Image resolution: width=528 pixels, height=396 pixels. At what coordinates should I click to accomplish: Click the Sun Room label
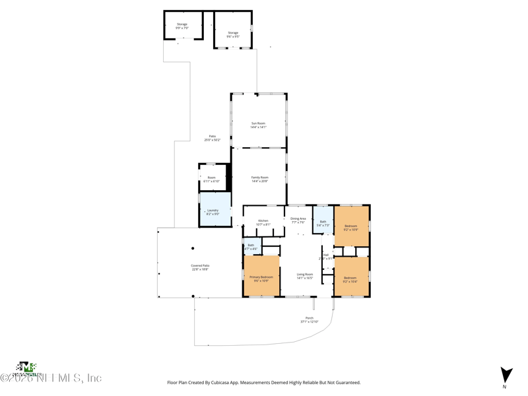tap(258, 125)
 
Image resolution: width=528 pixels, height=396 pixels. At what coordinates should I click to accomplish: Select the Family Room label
tap(259, 179)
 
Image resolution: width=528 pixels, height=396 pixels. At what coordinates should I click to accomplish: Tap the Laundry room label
tap(213, 212)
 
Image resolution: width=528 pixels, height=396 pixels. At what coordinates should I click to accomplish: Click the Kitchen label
tap(263, 222)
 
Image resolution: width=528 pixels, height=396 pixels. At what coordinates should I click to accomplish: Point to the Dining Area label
tap(298, 220)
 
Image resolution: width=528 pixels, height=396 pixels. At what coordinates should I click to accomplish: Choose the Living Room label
tap(304, 276)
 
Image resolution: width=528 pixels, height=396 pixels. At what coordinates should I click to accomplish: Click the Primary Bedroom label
tap(261, 279)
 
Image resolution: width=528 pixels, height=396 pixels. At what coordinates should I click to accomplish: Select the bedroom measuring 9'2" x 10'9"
tap(350, 227)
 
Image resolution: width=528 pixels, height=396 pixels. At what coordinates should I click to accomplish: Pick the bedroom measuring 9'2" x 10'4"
tap(350, 279)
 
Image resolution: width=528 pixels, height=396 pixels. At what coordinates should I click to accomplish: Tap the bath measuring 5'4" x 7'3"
tap(323, 223)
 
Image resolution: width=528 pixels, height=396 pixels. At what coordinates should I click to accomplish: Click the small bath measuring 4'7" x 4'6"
tap(251, 247)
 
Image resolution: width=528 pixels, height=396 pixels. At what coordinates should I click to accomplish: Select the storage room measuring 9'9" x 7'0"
tap(181, 26)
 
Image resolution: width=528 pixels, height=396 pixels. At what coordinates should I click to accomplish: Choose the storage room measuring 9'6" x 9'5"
tap(233, 34)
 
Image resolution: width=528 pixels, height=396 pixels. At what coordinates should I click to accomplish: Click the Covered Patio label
tap(200, 267)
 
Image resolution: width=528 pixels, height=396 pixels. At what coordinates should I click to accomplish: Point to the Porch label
tap(309, 319)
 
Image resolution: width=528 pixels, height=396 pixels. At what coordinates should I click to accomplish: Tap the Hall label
tap(325, 256)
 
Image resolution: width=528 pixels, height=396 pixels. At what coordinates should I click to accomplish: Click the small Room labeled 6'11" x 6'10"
tap(211, 179)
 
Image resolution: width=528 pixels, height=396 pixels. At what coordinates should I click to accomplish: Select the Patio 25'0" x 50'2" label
tap(212, 138)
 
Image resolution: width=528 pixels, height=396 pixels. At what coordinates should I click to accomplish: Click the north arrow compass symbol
tap(506, 375)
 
